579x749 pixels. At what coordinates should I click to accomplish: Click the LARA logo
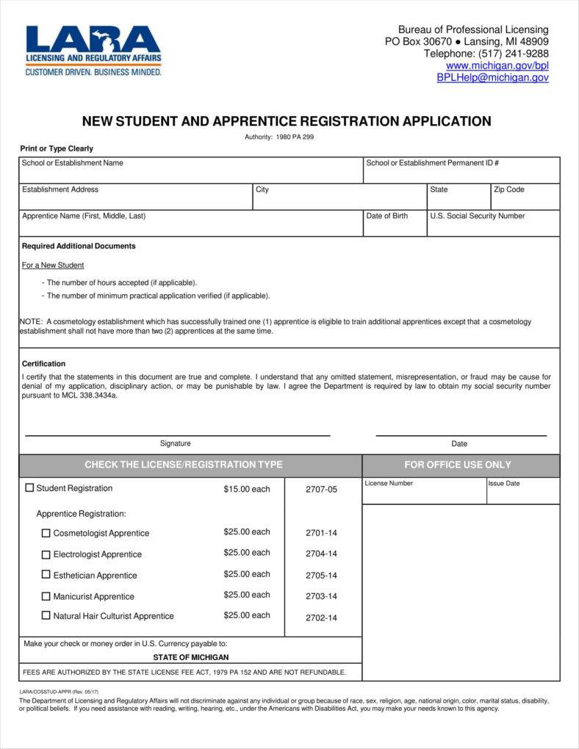[x=93, y=50]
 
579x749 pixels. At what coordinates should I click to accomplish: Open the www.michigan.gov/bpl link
[x=497, y=65]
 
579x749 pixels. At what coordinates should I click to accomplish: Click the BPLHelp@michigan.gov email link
[x=492, y=77]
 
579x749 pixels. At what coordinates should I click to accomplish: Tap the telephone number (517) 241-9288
[x=513, y=54]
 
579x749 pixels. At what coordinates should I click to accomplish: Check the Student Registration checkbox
[x=30, y=487]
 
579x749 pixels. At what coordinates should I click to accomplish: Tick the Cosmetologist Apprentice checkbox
[x=46, y=533]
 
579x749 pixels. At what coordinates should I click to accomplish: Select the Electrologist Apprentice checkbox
[x=46, y=554]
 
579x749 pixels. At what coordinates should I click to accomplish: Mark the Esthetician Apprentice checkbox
[x=46, y=575]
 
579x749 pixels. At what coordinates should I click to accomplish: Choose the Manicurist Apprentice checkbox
[x=46, y=596]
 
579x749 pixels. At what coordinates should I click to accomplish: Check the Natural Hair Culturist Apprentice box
[x=46, y=616]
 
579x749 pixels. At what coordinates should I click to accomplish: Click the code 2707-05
[x=321, y=490]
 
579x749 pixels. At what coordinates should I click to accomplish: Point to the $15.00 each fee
[x=247, y=489]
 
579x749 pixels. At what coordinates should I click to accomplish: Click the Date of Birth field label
[x=386, y=216]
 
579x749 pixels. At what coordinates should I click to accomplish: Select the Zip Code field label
[x=508, y=190]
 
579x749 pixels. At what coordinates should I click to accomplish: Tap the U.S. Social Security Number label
[x=478, y=216]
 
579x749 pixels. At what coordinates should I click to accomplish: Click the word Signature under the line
[x=175, y=443]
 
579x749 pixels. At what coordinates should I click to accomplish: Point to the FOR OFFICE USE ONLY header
[x=457, y=465]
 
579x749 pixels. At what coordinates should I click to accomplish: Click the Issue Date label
[x=503, y=484]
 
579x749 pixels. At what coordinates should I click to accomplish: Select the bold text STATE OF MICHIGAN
[x=190, y=657]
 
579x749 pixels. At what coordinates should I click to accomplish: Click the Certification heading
[x=43, y=364]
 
